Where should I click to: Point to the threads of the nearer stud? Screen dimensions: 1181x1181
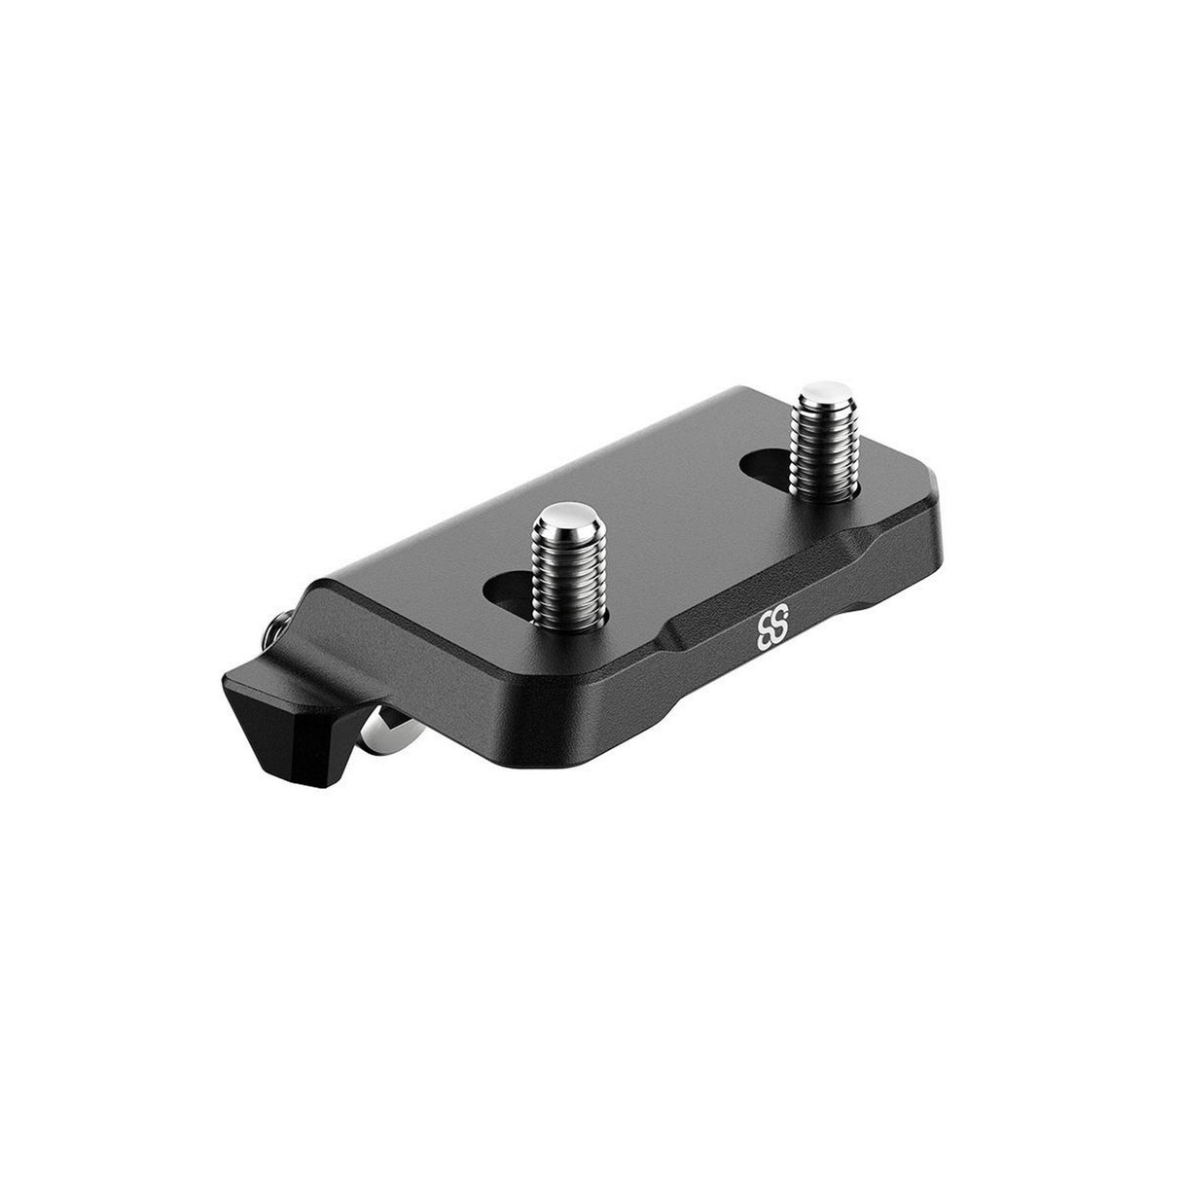coord(565,574)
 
